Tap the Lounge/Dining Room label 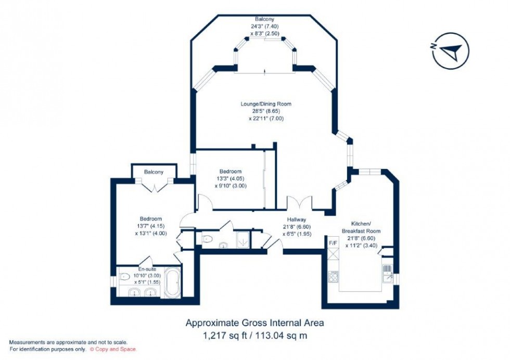tap(265, 104)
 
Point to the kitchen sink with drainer tap(387, 271)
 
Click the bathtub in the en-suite tap(172, 283)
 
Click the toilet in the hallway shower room tap(207, 240)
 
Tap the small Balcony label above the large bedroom tap(154, 172)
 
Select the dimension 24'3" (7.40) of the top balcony tap(265, 25)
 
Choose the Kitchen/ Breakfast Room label tap(361, 227)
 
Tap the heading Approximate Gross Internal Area tap(254, 323)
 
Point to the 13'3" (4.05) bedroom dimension tap(230, 178)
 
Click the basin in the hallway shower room tap(224, 245)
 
